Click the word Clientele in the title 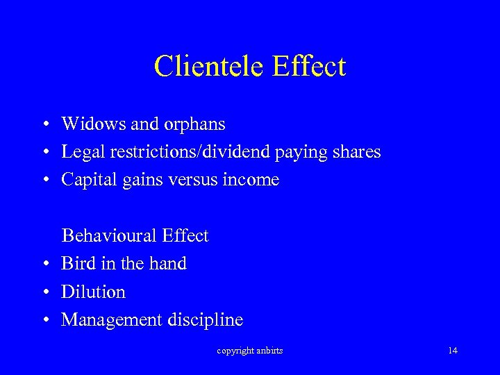pyautogui.click(x=210, y=67)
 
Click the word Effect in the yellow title pyautogui.click(x=310, y=67)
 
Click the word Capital pyautogui.click(x=88, y=181)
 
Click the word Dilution pyautogui.click(x=93, y=292)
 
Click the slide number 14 pyautogui.click(x=453, y=350)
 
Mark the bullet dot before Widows pyautogui.click(x=44, y=125)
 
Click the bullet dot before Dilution pyautogui.click(x=44, y=292)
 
